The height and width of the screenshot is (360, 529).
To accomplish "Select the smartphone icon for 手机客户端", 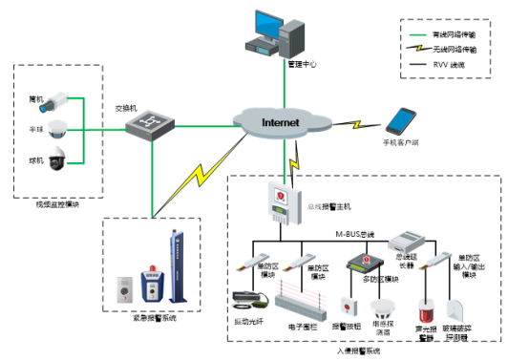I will pyautogui.click(x=401, y=120).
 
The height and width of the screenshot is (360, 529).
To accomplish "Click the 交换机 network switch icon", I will pyautogui.click(x=152, y=121).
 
